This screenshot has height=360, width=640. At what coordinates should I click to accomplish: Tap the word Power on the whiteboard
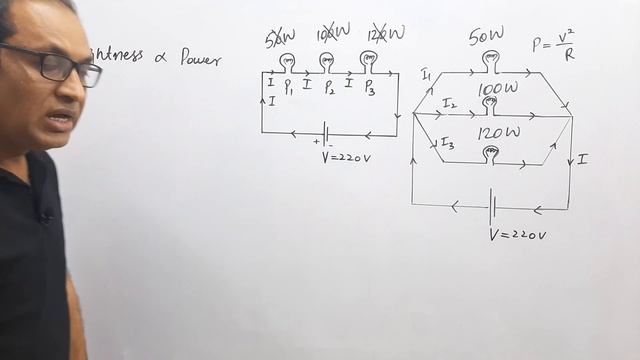point(200,57)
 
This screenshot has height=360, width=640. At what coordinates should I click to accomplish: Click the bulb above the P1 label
point(288,62)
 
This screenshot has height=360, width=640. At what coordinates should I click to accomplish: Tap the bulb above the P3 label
point(368,61)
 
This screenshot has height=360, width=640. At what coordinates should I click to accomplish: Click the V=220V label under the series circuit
point(345,157)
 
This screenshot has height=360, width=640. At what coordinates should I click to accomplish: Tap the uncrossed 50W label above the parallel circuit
point(487,38)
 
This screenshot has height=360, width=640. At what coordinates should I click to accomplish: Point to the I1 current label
point(426,74)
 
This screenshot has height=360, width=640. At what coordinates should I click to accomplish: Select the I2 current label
point(449,103)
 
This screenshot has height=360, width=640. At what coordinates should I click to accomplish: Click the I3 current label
point(447,144)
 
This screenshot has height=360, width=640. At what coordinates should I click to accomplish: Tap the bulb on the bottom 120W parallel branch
point(490,153)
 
